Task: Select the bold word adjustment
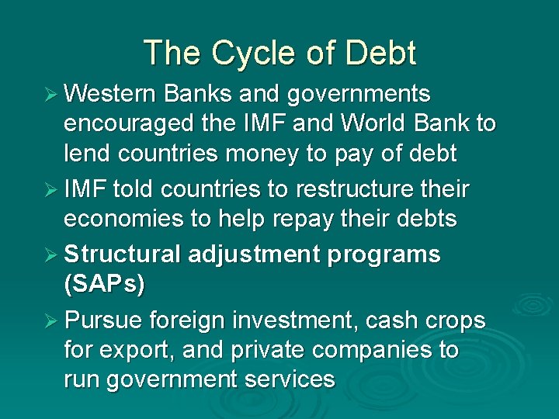pyautogui.click(x=247, y=255)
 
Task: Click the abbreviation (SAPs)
pyautogui.click(x=104, y=284)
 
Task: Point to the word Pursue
pyautogui.click(x=102, y=320)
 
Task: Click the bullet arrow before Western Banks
pyautogui.click(x=50, y=95)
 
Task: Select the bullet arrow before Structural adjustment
pyautogui.click(x=50, y=255)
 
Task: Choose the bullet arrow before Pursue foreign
pyautogui.click(x=50, y=320)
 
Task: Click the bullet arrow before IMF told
pyautogui.click(x=50, y=190)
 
